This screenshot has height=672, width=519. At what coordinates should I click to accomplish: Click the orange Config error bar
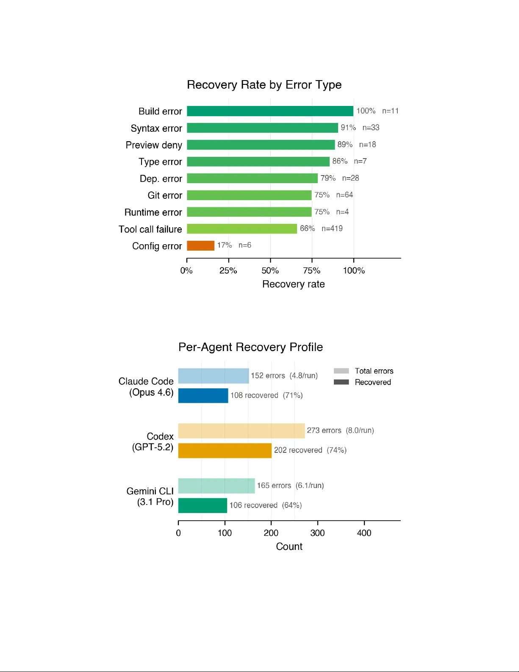200,245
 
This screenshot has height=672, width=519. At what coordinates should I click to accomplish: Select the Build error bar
270,111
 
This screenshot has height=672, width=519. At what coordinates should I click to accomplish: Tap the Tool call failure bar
241,229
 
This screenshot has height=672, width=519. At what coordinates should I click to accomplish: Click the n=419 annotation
332,229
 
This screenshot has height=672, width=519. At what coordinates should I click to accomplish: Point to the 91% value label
348,128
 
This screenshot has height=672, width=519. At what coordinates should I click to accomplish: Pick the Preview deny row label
154,145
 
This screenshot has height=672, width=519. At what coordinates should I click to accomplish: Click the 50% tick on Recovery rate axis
270,270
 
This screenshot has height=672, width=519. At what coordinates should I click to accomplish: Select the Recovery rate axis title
293,284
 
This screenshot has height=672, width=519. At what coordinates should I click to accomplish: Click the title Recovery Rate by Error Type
264,85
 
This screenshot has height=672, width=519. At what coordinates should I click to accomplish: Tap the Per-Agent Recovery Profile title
250,347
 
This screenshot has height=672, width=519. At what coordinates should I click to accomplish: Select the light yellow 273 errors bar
241,431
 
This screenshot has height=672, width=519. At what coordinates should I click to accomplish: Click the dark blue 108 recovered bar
203,396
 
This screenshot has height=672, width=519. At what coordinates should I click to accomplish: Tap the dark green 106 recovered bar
203,505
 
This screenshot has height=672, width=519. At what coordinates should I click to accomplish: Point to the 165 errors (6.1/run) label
290,485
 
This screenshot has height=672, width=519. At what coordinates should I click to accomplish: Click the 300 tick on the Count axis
317,533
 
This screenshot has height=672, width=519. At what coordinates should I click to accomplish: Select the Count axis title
289,547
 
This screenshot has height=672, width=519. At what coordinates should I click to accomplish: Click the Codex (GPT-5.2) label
153,442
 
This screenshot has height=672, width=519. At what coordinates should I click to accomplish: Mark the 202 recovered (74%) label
310,450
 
